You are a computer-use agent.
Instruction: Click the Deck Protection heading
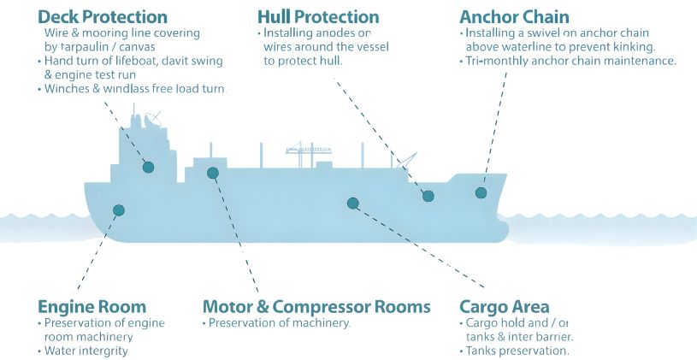(x=103, y=16)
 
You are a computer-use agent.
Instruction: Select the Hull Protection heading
(x=317, y=16)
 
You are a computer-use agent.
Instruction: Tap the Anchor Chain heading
(x=514, y=16)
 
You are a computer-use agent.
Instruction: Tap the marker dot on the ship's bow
(x=481, y=193)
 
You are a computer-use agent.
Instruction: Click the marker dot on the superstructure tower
(x=149, y=168)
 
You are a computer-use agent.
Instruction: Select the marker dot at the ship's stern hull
(x=119, y=210)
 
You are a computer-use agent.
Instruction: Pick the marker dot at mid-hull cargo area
(x=352, y=203)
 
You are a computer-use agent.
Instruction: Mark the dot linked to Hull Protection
(x=428, y=196)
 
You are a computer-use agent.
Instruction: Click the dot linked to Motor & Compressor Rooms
(x=213, y=173)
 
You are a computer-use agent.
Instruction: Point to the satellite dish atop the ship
(x=153, y=119)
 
